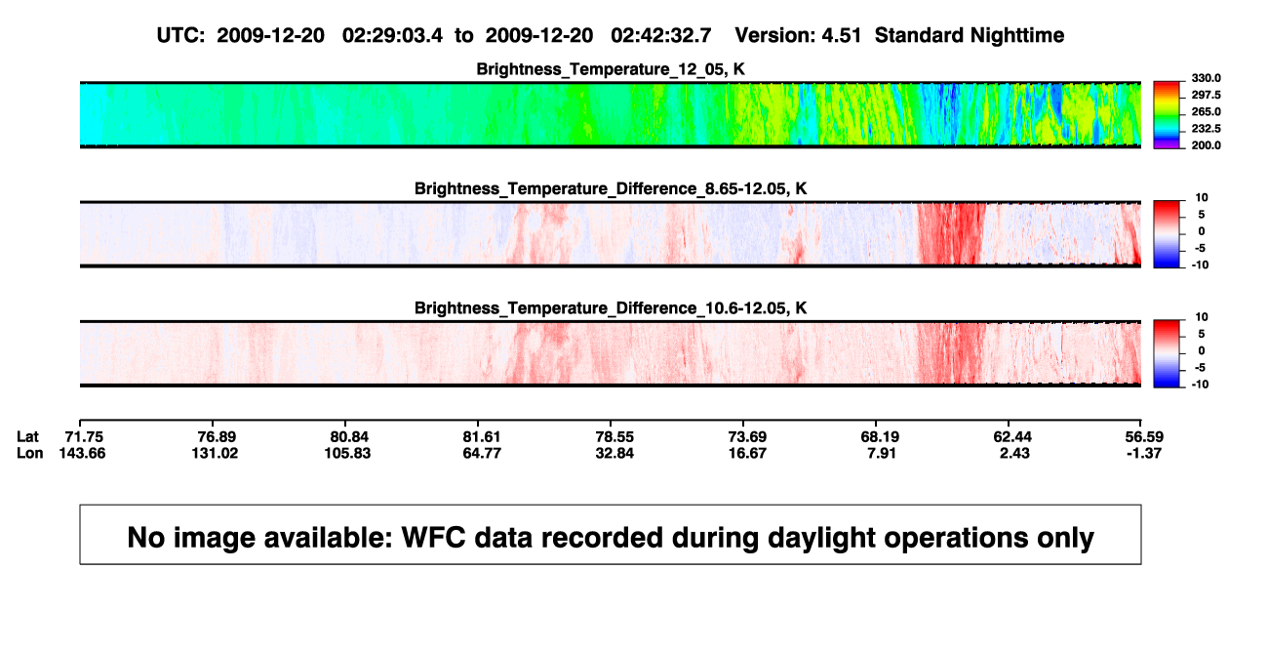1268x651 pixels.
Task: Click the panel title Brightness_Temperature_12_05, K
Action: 611,69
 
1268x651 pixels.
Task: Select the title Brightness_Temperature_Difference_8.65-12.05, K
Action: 611,188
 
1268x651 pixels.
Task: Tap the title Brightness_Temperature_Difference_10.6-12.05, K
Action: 611,308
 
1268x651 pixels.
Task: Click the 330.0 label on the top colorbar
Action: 1206,78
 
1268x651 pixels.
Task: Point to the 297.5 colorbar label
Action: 1206,95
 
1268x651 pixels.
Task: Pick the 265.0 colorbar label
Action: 1206,111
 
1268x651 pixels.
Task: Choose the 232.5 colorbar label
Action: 1206,129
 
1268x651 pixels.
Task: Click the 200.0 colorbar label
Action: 1206,145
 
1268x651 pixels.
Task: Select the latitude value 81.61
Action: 482,437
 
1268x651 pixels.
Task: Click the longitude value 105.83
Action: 347,453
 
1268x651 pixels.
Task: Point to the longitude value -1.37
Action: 1144,453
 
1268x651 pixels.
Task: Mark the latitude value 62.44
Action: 1012,437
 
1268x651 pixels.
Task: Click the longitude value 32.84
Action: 614,453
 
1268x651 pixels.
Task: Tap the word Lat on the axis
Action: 27,437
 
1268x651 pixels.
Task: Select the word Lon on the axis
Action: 29,453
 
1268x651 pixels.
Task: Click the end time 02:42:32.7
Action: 660,36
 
